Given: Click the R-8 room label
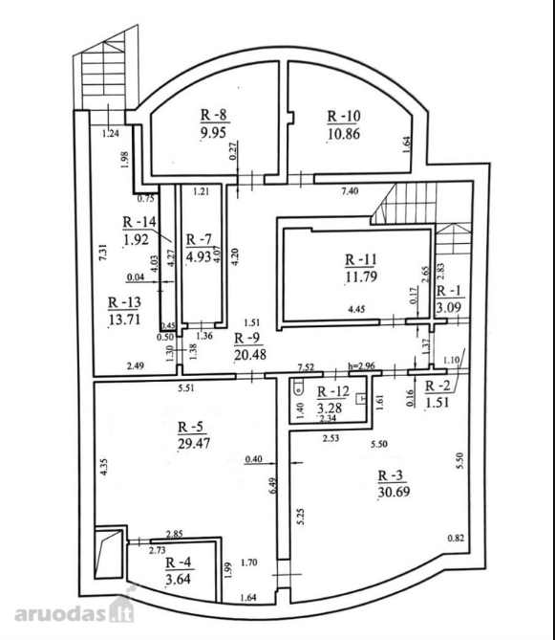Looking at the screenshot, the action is pyautogui.click(x=214, y=116).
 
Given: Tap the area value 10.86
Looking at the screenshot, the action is pyautogui.click(x=344, y=134).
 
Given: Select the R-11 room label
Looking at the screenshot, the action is pyautogui.click(x=361, y=259).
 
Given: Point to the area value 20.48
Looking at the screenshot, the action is pyautogui.click(x=250, y=355).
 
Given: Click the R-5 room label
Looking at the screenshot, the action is pyautogui.click(x=190, y=427).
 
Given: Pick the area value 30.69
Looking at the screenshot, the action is pyautogui.click(x=394, y=492).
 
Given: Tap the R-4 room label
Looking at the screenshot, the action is pyautogui.click(x=179, y=563).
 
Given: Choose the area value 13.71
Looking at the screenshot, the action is pyautogui.click(x=124, y=319).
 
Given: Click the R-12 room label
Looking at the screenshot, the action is pyautogui.click(x=333, y=392).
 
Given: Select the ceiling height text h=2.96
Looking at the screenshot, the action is pyautogui.click(x=361, y=365).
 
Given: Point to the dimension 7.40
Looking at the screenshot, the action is pyautogui.click(x=350, y=190).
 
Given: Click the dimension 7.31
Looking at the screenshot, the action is pyautogui.click(x=103, y=253).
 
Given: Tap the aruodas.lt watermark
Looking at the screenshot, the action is pyautogui.click(x=75, y=611).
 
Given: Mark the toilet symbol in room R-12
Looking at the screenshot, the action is pyautogui.click(x=299, y=386).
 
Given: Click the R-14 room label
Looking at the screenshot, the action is pyautogui.click(x=139, y=222).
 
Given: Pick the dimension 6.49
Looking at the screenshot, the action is pyautogui.click(x=273, y=485).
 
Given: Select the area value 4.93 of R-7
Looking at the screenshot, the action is pyautogui.click(x=199, y=256).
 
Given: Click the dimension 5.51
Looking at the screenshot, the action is pyautogui.click(x=186, y=387).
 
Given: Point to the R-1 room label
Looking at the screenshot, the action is pyautogui.click(x=449, y=291).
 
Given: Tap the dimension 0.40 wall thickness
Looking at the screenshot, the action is pyautogui.click(x=253, y=459).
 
